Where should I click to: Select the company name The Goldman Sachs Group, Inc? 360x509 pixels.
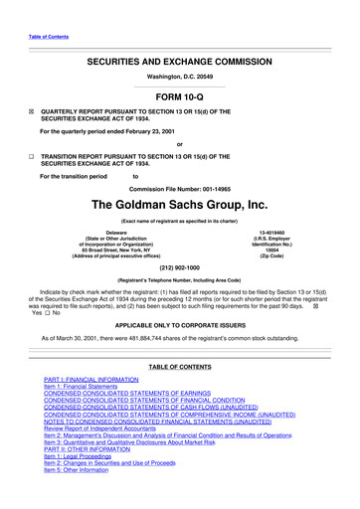pos(179,205)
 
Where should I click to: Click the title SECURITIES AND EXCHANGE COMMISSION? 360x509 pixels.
pos(179,62)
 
